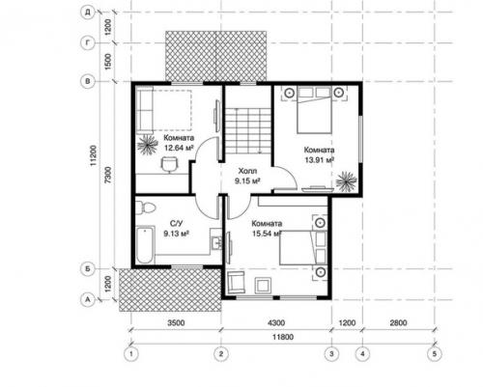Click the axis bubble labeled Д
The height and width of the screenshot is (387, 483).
click(87, 13)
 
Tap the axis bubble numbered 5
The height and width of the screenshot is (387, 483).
click(435, 354)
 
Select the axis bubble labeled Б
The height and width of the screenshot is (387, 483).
click(87, 269)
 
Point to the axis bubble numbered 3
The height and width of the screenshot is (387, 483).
click(331, 354)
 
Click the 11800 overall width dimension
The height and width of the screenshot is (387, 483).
click(283, 337)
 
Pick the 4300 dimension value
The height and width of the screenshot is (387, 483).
click(276, 322)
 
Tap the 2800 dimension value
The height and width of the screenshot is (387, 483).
click(398, 322)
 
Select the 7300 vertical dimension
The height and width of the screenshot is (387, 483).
click(109, 175)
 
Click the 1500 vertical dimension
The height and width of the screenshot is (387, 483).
click(109, 62)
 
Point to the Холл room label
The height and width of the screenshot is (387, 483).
click(247, 171)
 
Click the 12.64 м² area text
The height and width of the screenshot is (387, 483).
click(179, 148)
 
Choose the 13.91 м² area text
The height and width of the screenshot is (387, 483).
click(320, 160)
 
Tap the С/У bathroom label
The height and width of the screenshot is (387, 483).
click(177, 223)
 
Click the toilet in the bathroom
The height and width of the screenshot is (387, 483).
click(145, 207)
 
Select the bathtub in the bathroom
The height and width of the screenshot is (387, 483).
click(145, 245)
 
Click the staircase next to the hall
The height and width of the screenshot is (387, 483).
click(248, 131)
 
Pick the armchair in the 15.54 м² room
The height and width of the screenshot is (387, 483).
click(236, 282)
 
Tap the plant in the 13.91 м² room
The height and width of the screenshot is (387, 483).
click(347, 181)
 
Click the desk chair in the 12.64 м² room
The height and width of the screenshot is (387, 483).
click(169, 164)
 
